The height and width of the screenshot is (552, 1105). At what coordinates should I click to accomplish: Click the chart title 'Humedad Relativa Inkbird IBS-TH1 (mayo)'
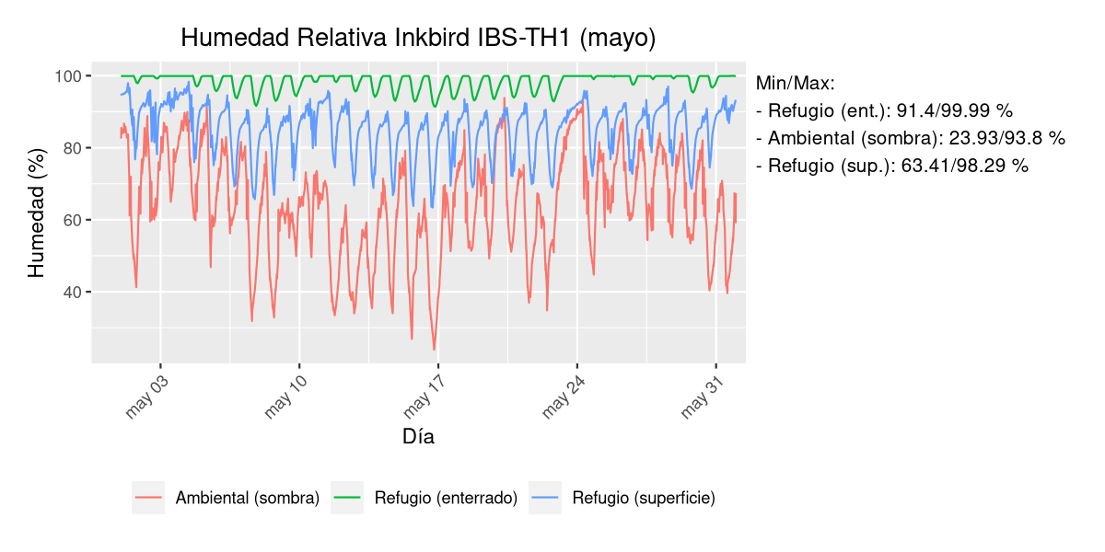[x=418, y=38]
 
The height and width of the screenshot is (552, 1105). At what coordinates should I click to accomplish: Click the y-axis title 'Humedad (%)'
[x=36, y=219]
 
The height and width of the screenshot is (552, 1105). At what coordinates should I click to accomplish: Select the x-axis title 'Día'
[x=418, y=437]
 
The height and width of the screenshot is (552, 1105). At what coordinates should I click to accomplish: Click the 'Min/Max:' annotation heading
[x=795, y=84]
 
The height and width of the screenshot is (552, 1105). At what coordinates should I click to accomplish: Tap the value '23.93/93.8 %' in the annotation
[x=1007, y=139]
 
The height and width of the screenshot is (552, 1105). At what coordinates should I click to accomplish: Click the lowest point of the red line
[x=435, y=350]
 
